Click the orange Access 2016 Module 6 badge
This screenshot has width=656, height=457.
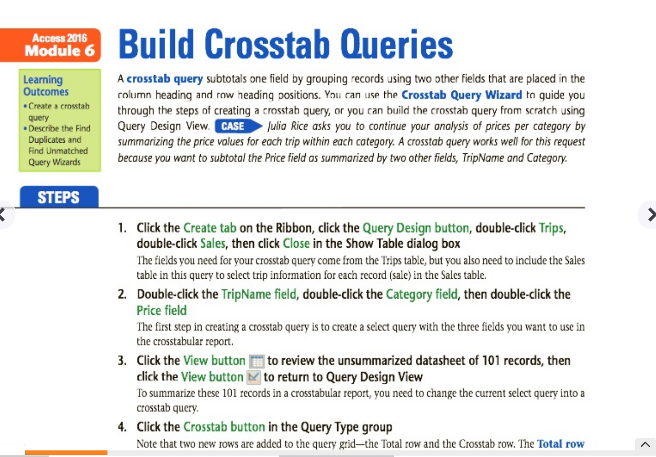click(x=50, y=45)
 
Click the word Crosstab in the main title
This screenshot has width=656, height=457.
click(x=267, y=44)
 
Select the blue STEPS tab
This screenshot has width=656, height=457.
click(x=59, y=197)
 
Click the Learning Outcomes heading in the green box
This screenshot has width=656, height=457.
click(x=46, y=86)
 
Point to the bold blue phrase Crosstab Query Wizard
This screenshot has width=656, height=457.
click(x=461, y=95)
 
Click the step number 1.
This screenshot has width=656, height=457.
click(x=122, y=228)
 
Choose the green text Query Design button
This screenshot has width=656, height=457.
click(x=416, y=228)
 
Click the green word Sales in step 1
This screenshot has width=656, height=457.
click(x=212, y=243)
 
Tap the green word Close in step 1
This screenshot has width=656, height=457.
click(x=296, y=243)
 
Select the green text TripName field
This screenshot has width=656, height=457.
click(x=259, y=294)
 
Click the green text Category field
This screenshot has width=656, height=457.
click(x=422, y=295)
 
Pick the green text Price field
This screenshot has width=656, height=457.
click(x=162, y=310)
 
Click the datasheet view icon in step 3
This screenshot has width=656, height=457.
click(x=257, y=362)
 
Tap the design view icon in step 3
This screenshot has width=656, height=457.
click(x=253, y=377)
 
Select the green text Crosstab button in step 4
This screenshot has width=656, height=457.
click(x=224, y=427)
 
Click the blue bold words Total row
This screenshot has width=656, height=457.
click(x=561, y=443)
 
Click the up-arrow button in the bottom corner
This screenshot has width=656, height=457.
click(x=645, y=445)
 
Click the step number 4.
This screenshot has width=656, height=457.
click(x=122, y=427)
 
